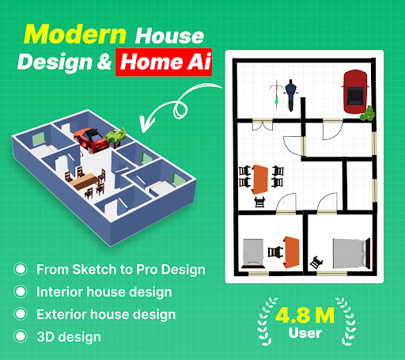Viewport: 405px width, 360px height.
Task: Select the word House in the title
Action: click(170, 35)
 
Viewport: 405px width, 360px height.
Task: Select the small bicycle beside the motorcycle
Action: click(275, 93)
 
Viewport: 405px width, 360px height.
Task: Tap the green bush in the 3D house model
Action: click(118, 135)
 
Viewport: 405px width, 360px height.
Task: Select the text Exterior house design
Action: click(106, 314)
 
